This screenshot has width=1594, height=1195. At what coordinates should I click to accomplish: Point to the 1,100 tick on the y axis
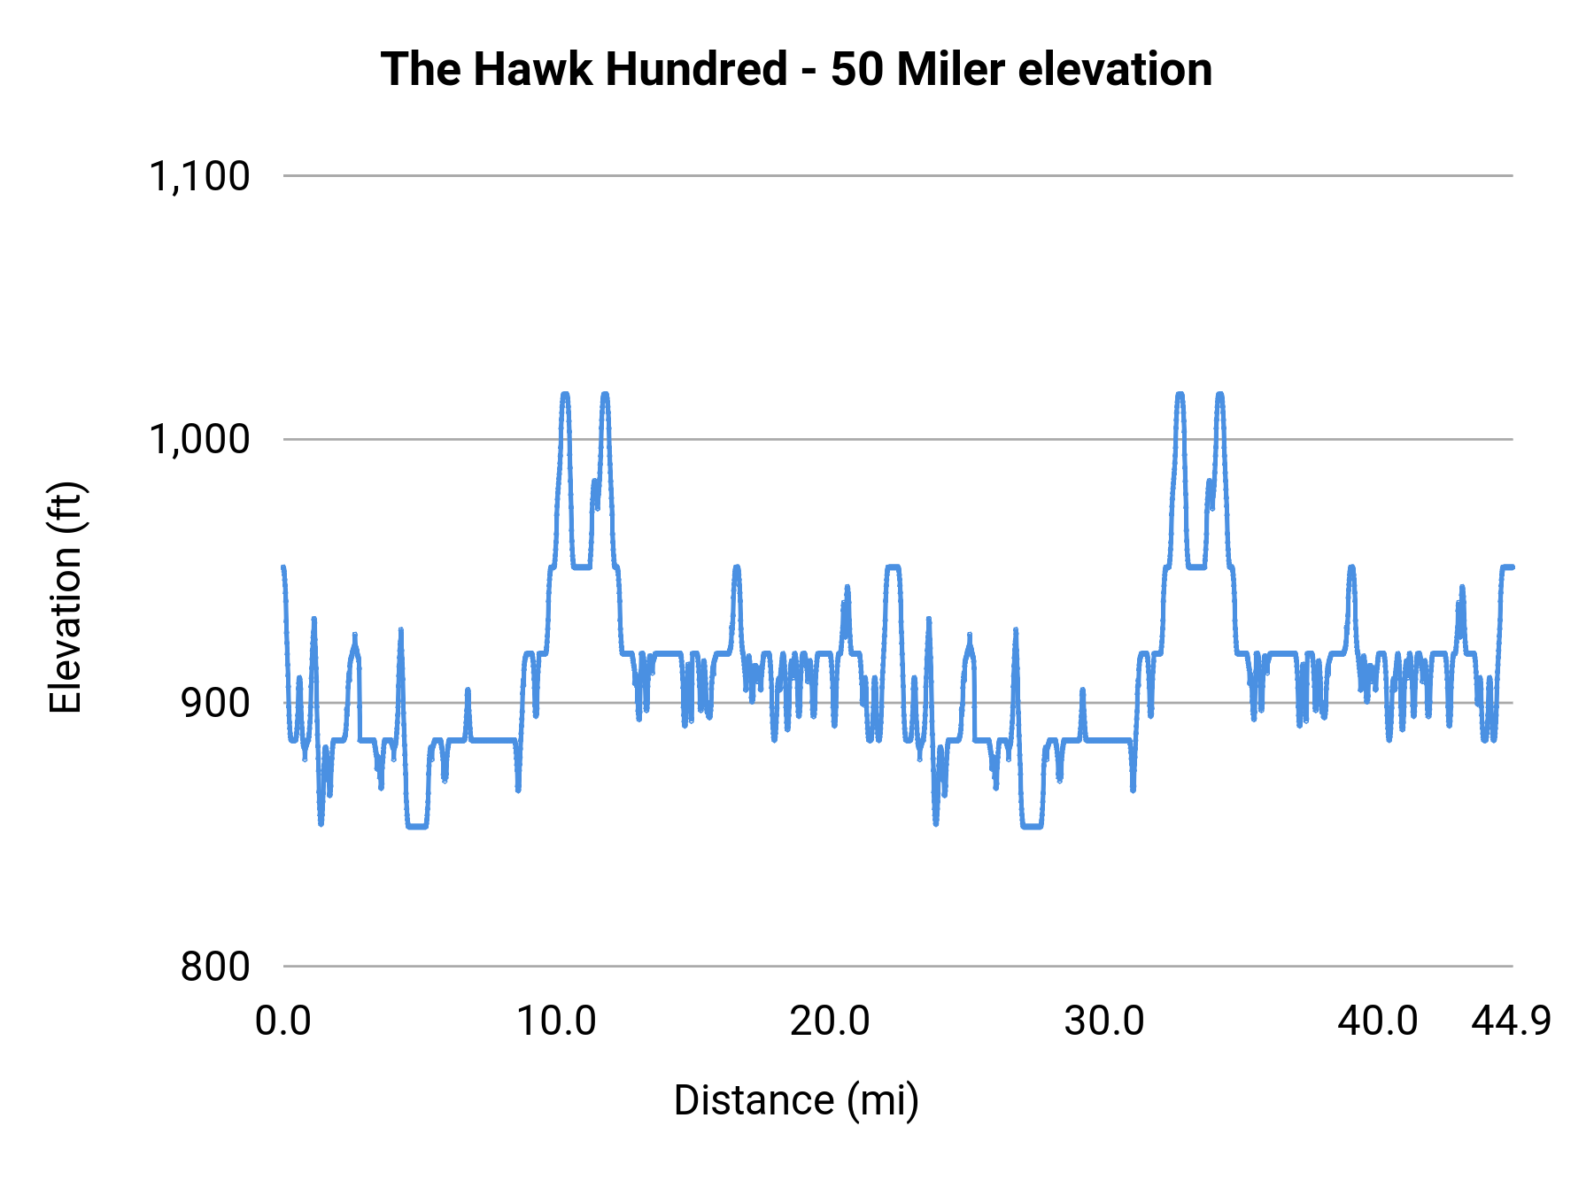[199, 176]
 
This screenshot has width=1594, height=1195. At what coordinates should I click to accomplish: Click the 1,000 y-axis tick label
[199, 439]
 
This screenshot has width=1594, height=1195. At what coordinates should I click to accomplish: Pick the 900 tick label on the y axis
[215, 703]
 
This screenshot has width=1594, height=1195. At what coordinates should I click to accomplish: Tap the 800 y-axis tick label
[215, 966]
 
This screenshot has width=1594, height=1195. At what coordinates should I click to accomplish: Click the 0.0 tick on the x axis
[283, 1022]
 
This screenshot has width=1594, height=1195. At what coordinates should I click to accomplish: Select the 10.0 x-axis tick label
[556, 1022]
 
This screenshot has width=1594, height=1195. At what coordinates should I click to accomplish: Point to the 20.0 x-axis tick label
[830, 1022]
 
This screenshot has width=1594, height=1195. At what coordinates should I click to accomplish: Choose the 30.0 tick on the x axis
[1104, 1022]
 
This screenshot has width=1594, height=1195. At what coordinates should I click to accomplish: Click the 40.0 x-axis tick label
[1378, 1022]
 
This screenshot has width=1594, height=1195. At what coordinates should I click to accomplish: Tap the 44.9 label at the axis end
[1512, 1022]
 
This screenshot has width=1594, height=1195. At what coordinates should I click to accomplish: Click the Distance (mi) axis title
[796, 1100]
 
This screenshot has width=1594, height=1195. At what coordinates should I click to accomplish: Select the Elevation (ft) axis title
[65, 597]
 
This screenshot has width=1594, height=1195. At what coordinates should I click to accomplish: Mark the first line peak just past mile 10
[565, 395]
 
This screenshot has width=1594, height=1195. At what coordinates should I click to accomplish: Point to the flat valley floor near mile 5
[417, 826]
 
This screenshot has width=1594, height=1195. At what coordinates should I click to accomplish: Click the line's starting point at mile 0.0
[283, 567]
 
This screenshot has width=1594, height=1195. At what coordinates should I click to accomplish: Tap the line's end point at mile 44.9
[1513, 567]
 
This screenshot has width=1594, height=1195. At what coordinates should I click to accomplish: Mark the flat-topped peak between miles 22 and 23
[893, 567]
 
